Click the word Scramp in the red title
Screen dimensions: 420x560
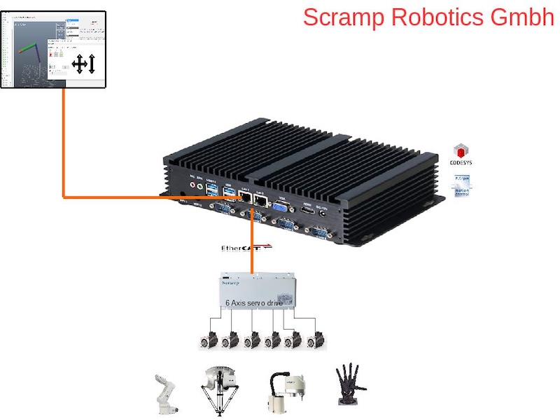[344, 17]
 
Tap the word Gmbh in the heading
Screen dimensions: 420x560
[519, 17]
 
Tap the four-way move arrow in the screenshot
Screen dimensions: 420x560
[79, 64]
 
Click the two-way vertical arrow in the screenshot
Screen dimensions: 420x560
[92, 64]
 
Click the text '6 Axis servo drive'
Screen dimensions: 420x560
[253, 303]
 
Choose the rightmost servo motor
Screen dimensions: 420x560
[316, 339]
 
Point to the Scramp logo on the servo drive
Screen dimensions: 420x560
[230, 283]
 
